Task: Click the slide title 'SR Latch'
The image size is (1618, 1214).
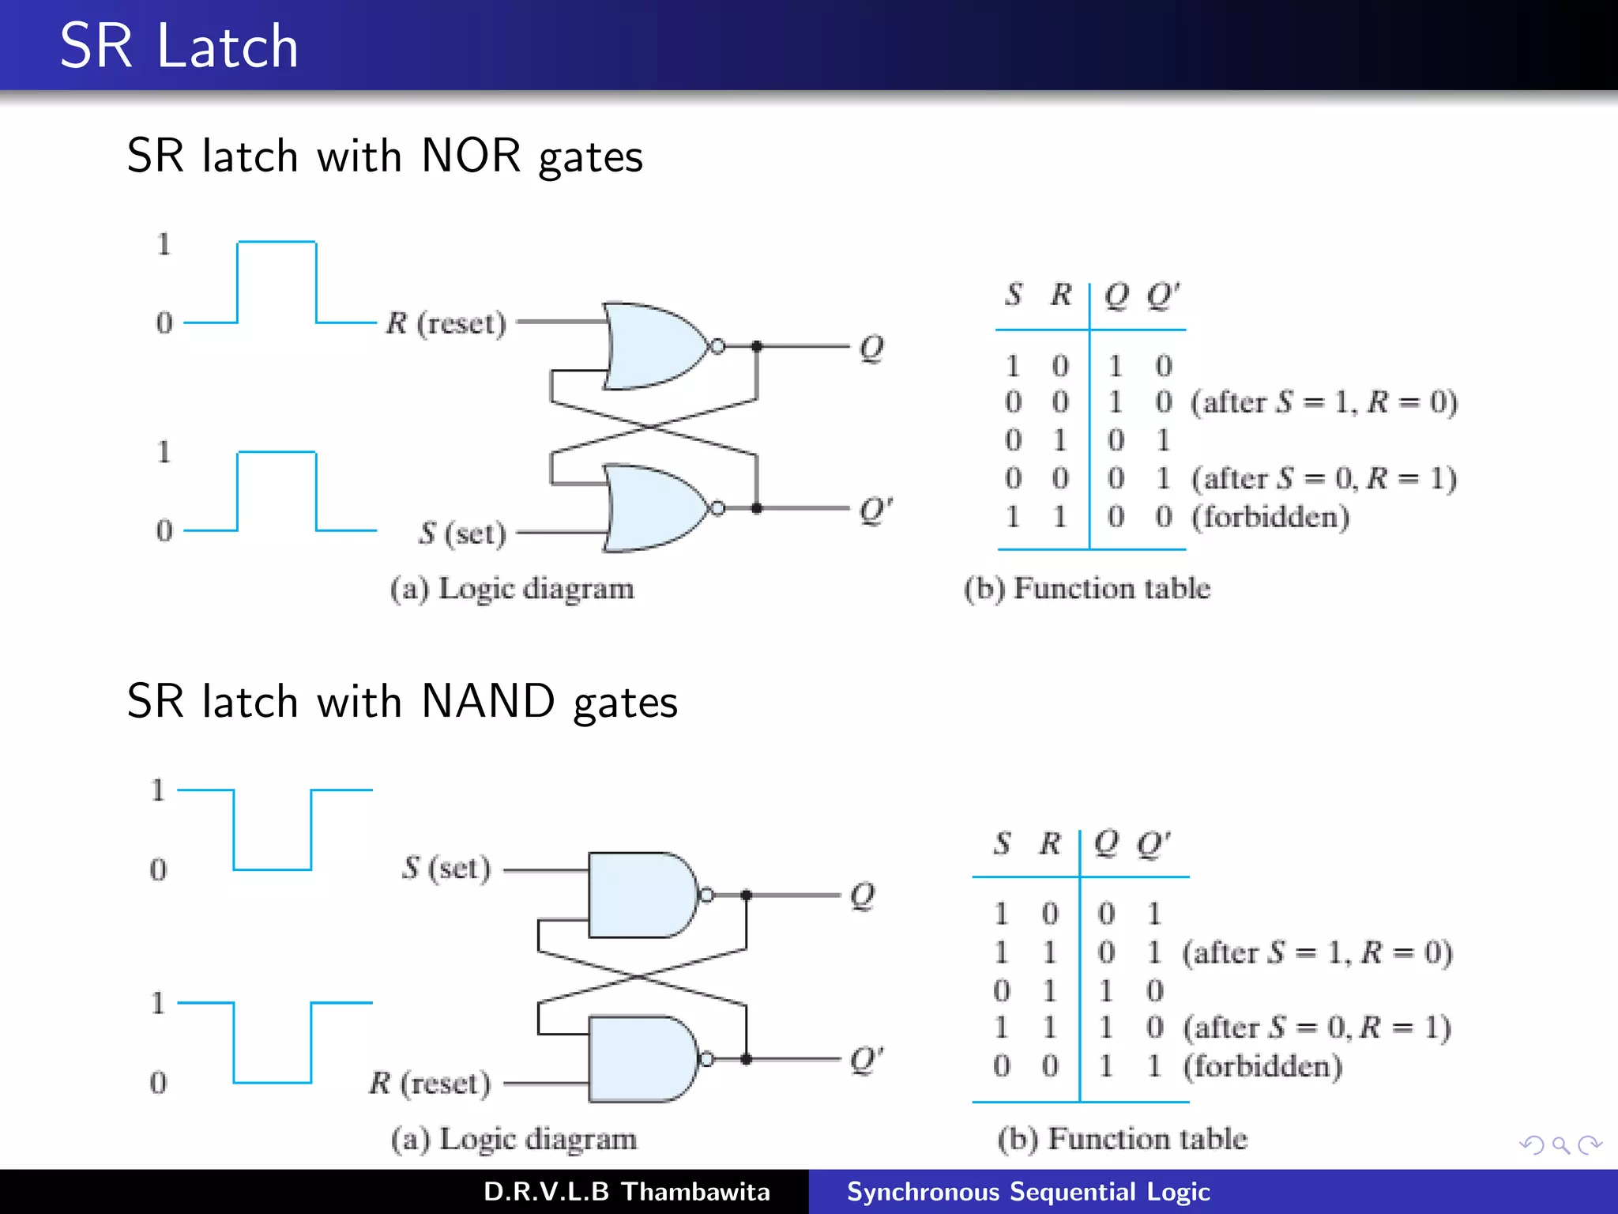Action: (x=179, y=46)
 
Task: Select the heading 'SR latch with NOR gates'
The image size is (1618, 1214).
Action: (x=385, y=156)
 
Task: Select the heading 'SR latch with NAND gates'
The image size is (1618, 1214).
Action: (x=402, y=702)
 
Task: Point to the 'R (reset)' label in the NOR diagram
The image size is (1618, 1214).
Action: (x=446, y=323)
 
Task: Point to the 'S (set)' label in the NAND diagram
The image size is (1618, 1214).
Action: (x=446, y=869)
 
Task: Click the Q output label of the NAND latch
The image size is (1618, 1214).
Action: (x=862, y=895)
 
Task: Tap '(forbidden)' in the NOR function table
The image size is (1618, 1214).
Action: (x=1270, y=517)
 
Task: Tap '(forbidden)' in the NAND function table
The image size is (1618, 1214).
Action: (x=1262, y=1066)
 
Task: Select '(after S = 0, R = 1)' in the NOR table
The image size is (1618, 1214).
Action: (x=1324, y=478)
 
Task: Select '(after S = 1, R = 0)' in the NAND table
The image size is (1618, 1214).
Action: (x=1317, y=952)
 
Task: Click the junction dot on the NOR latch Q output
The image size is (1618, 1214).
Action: (x=756, y=346)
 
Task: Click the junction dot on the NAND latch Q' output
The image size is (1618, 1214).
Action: (x=746, y=1059)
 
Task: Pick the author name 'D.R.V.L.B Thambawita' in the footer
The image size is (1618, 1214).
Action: (x=627, y=1192)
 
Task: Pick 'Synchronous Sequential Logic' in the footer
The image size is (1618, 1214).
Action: (x=1028, y=1192)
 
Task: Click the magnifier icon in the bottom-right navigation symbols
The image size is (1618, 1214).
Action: (x=1560, y=1145)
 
